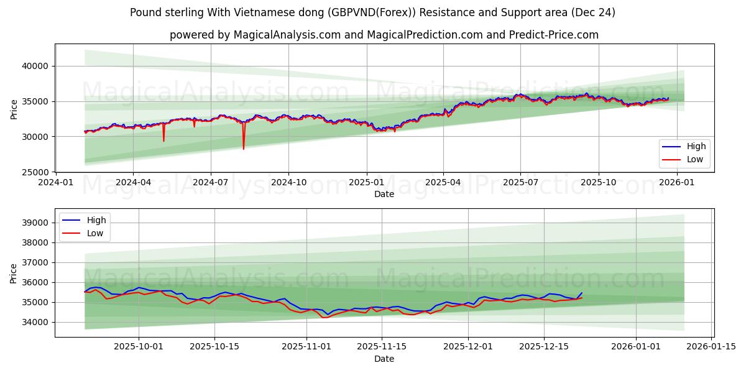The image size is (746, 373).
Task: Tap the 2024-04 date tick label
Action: [x=133, y=182]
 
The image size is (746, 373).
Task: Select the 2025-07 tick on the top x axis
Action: [x=520, y=182]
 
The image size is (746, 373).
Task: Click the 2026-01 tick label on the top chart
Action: [x=676, y=182]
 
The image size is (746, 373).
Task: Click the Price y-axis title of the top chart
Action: [x=14, y=108]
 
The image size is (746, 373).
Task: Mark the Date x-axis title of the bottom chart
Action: [x=384, y=359]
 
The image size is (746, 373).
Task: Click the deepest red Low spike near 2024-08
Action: [x=244, y=149]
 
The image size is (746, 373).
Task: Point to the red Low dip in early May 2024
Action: [x=164, y=140]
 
